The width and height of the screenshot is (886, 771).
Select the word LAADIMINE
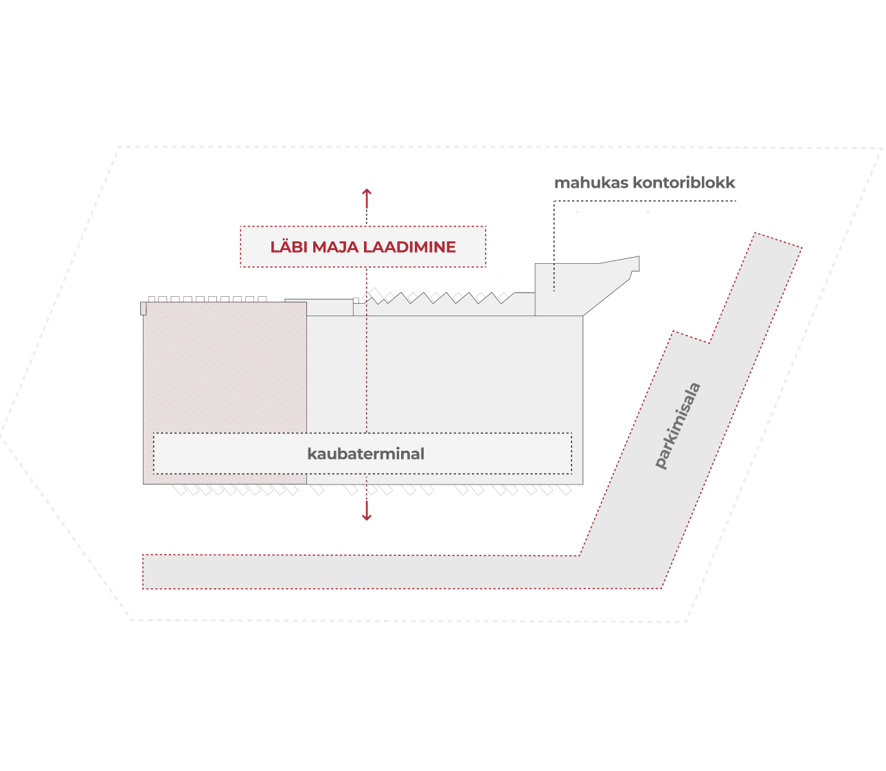[409, 247]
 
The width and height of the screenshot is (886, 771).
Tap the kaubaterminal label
[365, 454]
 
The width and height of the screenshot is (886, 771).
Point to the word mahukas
[591, 183]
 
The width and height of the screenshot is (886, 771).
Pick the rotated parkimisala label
[677, 425]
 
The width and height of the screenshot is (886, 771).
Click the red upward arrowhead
[367, 192]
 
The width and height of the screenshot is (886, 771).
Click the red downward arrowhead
[367, 517]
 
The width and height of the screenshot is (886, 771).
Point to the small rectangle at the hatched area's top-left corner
[144, 309]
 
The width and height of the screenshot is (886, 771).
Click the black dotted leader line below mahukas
[554, 246]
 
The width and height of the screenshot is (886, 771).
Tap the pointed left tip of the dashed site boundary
[1, 434]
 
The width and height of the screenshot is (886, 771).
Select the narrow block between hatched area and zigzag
[319, 307]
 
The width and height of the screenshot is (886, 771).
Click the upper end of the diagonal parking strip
[778, 241]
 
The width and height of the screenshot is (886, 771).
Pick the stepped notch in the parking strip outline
[691, 337]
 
